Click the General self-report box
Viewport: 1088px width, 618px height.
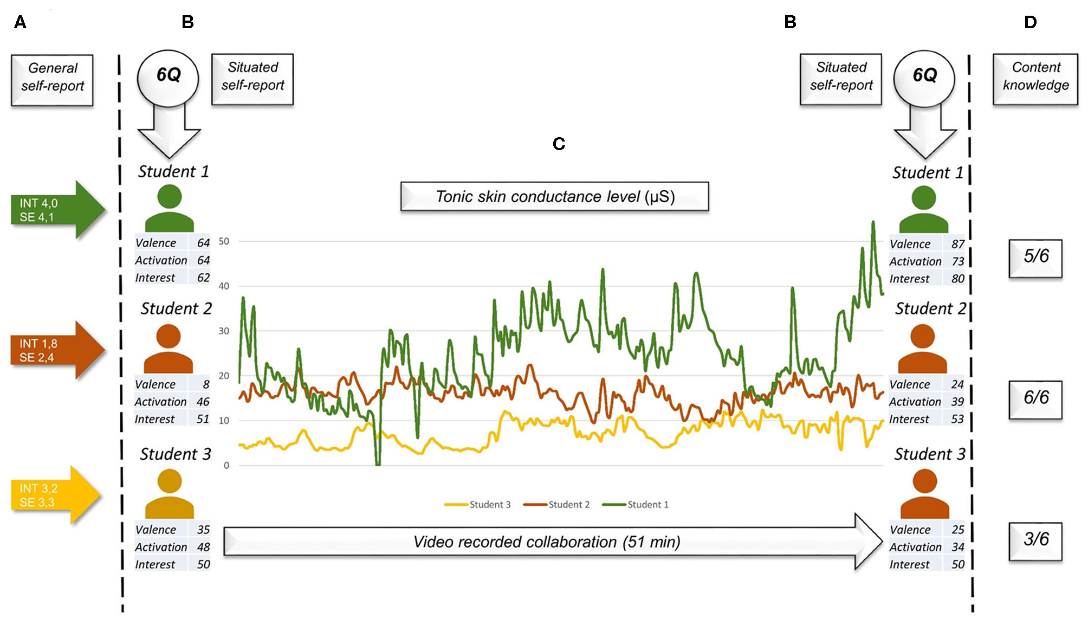[52, 79]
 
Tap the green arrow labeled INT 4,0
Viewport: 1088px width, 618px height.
[54, 210]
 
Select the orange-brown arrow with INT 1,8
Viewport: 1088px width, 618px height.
[54, 350]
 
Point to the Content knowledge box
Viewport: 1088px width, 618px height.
[1035, 79]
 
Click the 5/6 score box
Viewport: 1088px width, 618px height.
[1035, 257]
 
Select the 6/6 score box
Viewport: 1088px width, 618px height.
[1035, 399]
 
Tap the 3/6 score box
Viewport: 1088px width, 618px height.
[1035, 540]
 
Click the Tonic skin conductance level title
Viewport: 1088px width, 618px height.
[554, 196]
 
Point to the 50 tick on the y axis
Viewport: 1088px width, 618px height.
[224, 241]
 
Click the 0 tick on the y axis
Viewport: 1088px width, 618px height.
[226, 465]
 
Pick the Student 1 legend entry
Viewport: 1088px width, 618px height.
[637, 505]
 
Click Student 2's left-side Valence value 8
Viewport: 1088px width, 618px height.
[206, 384]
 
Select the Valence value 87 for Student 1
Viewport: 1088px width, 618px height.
[957, 244]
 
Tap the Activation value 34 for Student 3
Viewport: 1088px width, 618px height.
[957, 547]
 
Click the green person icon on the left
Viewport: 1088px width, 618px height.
[170, 209]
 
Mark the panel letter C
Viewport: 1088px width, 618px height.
[559, 144]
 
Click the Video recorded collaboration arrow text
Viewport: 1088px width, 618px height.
[546, 542]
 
